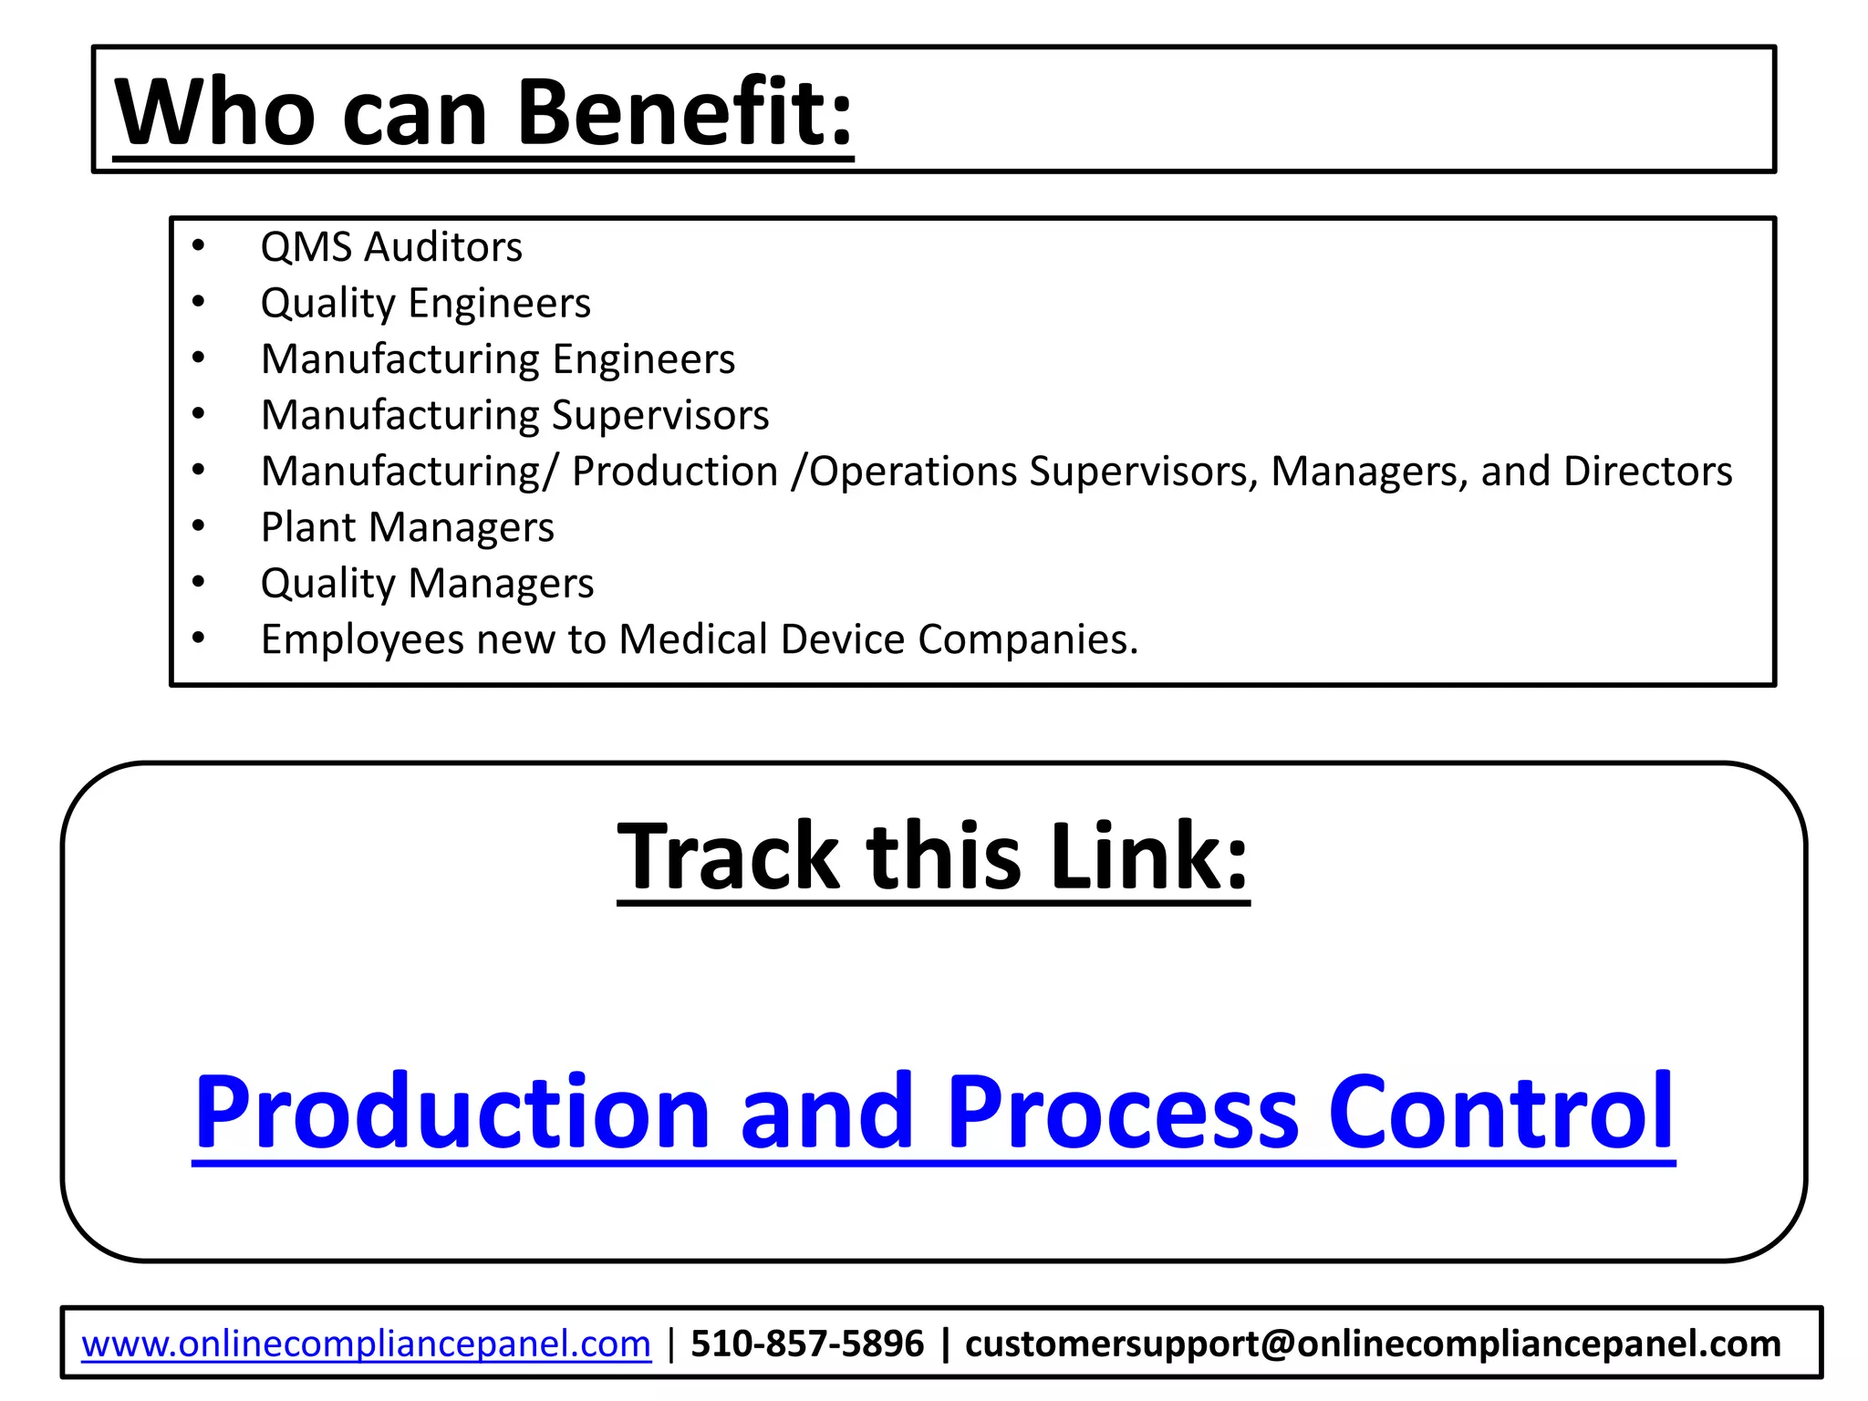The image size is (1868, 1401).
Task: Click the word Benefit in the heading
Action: coord(684,111)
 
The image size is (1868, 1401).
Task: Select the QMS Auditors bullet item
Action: coord(391,247)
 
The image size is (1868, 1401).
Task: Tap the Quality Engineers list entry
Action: coord(425,303)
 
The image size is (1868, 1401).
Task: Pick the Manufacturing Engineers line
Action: coord(497,359)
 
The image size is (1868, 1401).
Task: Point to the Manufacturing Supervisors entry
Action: coord(514,415)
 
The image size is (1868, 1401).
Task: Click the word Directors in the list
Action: coord(1647,472)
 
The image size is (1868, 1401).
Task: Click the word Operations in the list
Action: coord(913,472)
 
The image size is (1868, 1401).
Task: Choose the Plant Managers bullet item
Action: coord(407,527)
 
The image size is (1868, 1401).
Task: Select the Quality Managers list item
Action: coord(427,584)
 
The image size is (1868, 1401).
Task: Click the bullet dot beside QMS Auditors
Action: coord(199,246)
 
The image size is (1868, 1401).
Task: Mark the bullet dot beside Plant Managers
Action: coord(199,526)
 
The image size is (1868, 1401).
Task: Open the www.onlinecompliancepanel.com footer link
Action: coord(366,1344)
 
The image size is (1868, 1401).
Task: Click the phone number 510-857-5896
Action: coord(807,1344)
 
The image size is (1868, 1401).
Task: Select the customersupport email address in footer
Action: coord(1372,1344)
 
